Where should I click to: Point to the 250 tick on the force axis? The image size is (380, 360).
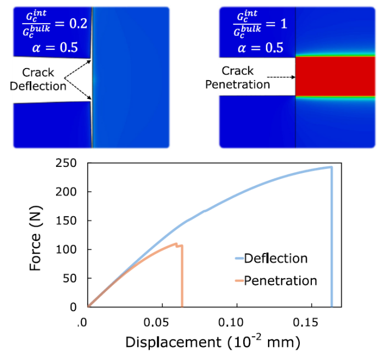(66, 163)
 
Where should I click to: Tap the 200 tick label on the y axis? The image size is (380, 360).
(66, 192)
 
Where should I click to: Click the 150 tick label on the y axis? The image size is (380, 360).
(66, 221)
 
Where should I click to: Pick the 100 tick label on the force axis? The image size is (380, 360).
(66, 249)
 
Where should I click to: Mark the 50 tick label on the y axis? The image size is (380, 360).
(70, 278)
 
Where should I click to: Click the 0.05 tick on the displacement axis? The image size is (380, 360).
(156, 323)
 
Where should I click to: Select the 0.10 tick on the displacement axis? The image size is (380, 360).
(231, 323)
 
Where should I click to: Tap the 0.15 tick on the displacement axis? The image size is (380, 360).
(305, 323)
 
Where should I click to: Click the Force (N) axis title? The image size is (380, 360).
(35, 238)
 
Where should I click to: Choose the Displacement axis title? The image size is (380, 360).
(213, 341)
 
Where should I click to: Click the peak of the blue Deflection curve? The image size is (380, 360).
(331, 167)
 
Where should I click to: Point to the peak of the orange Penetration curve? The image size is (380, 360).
(176, 244)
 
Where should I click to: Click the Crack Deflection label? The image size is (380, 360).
(38, 79)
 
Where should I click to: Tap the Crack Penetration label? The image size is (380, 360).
(237, 77)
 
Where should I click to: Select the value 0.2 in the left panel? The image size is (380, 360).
(79, 24)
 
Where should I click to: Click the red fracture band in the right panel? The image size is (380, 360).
(335, 76)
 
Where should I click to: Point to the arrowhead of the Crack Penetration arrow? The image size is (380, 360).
(294, 77)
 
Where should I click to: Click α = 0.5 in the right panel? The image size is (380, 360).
(260, 48)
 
